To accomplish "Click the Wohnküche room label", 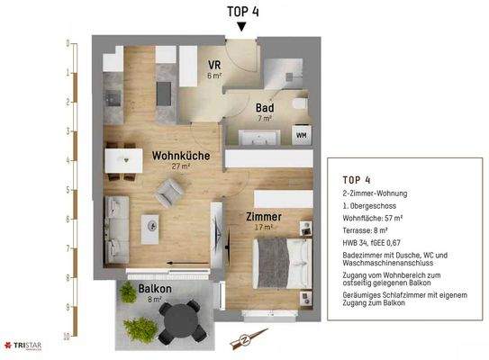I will (x=181, y=156).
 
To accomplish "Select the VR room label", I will (x=214, y=66).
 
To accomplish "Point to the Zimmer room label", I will (x=263, y=218).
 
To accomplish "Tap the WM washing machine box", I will (x=301, y=136).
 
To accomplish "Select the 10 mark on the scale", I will (x=65, y=336).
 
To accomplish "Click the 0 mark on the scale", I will (x=67, y=43).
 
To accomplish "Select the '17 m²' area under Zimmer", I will (x=263, y=229).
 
